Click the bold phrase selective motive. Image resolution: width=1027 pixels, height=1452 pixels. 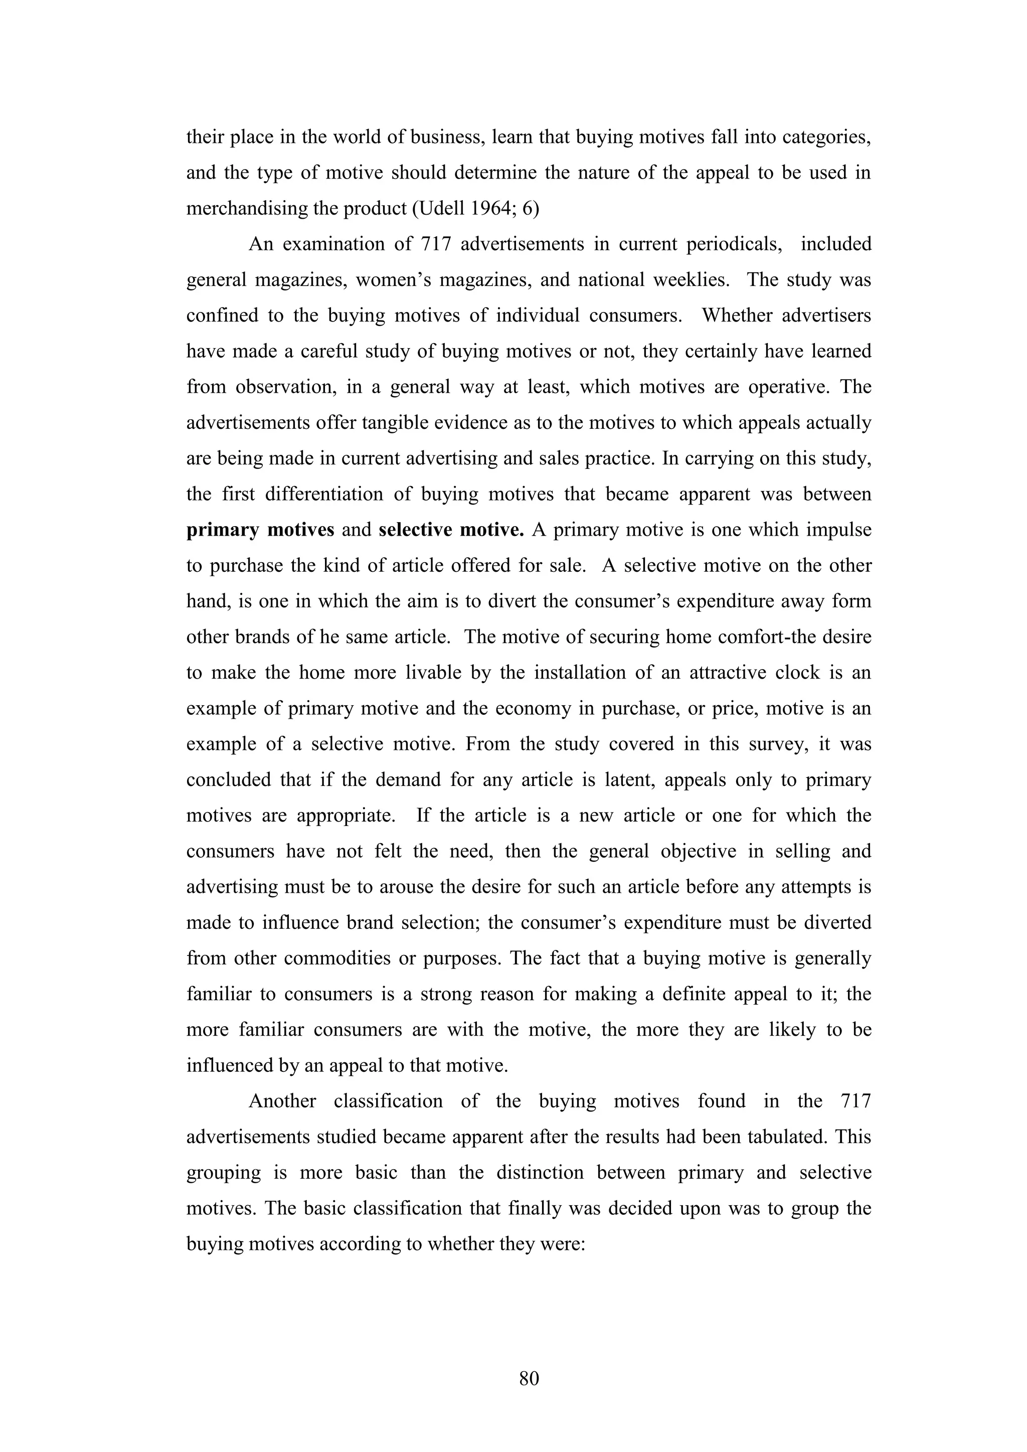pyautogui.click(x=451, y=530)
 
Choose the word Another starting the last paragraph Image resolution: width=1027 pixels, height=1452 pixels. pyautogui.click(x=282, y=1101)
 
